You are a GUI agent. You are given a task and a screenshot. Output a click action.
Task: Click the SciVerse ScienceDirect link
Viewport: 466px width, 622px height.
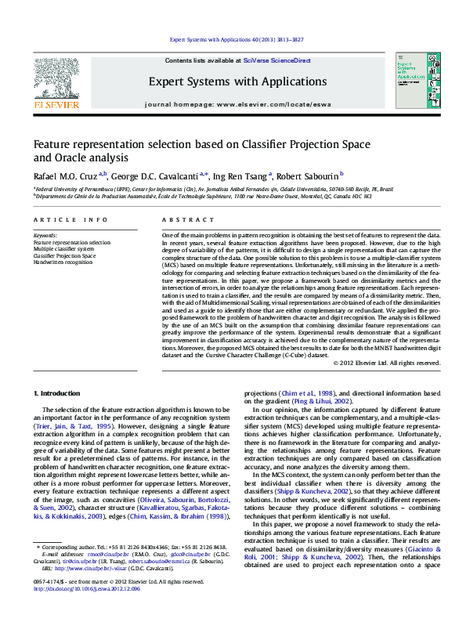click(276, 60)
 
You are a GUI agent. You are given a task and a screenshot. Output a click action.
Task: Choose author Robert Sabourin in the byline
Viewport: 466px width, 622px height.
click(307, 176)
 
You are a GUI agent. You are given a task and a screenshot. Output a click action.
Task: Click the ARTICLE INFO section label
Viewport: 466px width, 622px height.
click(70, 220)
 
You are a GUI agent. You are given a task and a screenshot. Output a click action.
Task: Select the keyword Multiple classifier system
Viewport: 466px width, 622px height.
click(64, 249)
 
